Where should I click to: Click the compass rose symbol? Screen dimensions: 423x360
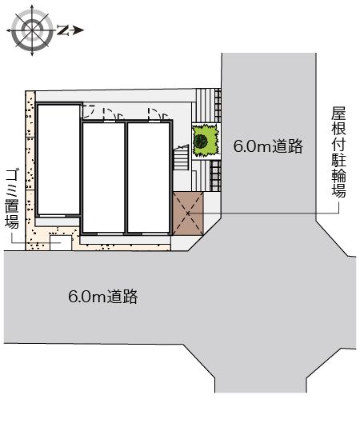(32, 30)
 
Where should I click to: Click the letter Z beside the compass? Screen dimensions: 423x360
(61, 31)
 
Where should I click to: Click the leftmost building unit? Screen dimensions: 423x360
(57, 160)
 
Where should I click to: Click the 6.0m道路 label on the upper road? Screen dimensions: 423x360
(267, 146)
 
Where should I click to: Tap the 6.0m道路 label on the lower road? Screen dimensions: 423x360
(103, 297)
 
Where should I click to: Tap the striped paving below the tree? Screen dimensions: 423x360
(213, 174)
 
